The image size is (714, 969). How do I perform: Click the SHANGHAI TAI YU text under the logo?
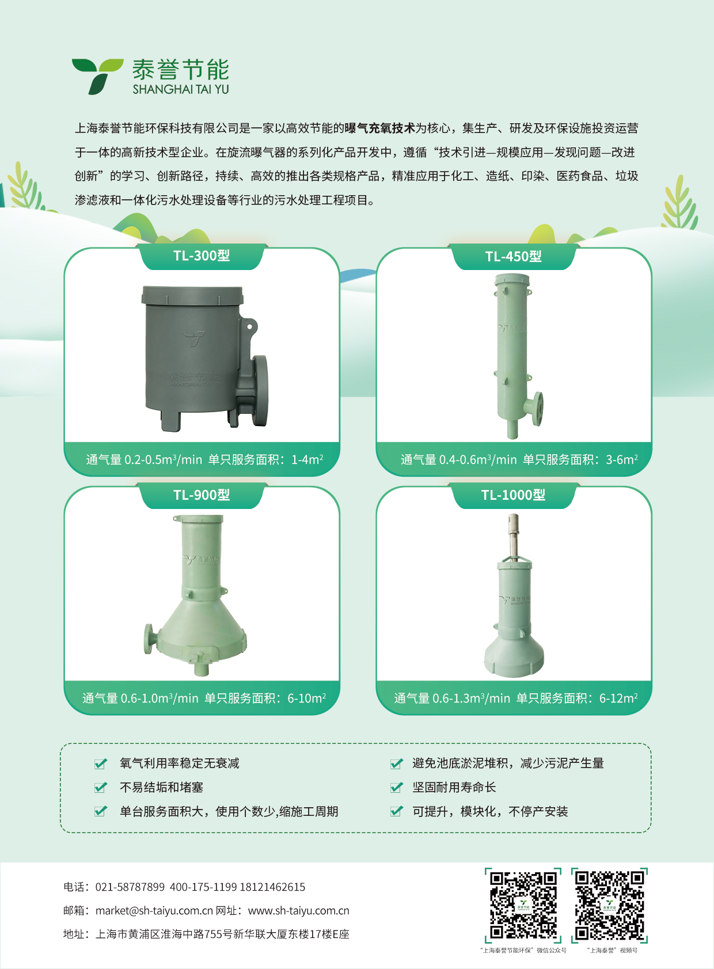point(180,89)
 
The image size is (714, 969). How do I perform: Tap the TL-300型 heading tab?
point(202,256)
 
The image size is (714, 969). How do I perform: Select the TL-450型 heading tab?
point(513,257)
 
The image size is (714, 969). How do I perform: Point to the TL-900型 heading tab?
point(202,495)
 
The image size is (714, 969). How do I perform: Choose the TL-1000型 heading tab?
point(513,495)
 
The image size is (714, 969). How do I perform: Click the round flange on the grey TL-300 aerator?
point(260,390)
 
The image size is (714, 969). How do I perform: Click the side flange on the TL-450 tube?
point(538,408)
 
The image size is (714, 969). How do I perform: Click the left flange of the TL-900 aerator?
point(149,639)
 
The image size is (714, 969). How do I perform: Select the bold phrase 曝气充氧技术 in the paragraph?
point(379,128)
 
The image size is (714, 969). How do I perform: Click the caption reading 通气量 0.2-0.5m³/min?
point(144,459)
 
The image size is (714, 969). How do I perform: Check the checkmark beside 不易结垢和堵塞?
point(101,787)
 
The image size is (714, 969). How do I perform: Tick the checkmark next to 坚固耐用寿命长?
point(396,787)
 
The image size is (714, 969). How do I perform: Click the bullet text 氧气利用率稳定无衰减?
point(179,763)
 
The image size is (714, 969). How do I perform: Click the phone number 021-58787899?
point(130,887)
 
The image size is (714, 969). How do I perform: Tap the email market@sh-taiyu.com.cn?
point(154,911)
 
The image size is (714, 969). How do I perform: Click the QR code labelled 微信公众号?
point(523,905)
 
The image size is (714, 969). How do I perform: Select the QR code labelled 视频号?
point(610,905)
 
